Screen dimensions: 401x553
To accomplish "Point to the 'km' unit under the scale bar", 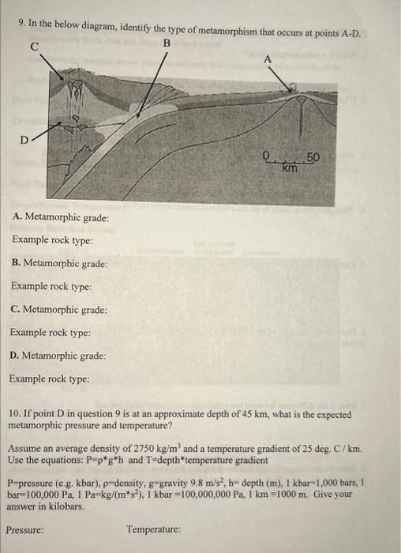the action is pos(290,168).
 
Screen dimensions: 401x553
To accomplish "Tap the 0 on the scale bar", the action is pos(268,157).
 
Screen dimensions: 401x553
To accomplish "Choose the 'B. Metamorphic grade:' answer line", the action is pos(60,263).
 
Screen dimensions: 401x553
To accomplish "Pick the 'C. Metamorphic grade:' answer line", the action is pos(60,310).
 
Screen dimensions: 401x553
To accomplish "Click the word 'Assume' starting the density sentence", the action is pos(25,448).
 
